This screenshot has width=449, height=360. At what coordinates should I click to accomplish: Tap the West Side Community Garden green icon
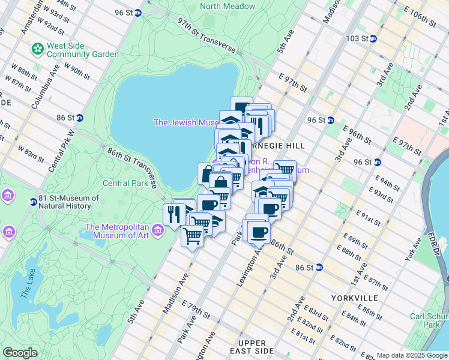pyautogui.click(x=37, y=47)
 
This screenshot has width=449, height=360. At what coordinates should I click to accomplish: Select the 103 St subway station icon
pyautogui.click(x=373, y=38)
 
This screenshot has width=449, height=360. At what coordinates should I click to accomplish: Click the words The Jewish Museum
pyautogui.click(x=186, y=122)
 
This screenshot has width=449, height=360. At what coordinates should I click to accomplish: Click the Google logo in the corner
pyautogui.click(x=20, y=353)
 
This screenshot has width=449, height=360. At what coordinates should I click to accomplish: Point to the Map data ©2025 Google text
pyautogui.click(x=412, y=355)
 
